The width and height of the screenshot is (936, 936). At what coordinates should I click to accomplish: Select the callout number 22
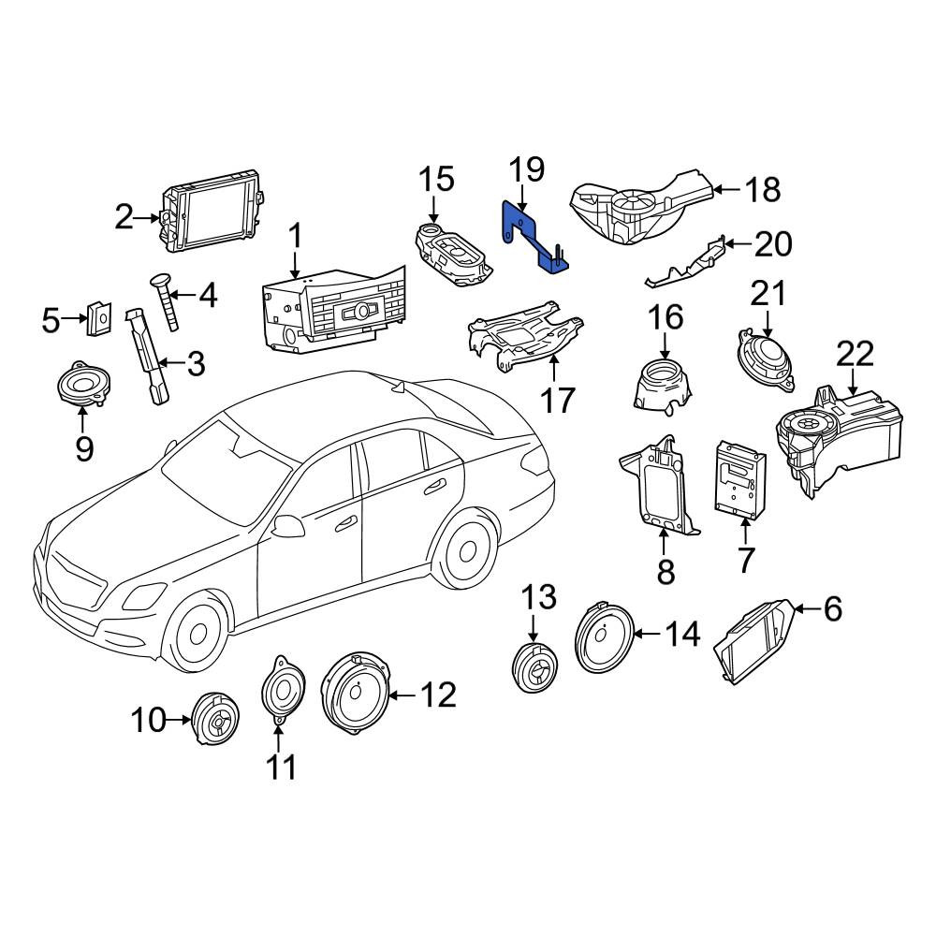coord(855,354)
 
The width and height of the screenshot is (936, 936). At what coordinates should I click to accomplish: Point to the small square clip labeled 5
coord(99,318)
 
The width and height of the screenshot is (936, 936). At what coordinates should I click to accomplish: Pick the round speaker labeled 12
coord(356,695)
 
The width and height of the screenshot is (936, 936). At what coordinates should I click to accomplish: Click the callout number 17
coord(558,400)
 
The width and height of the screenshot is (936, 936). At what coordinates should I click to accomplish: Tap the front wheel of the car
coord(196,632)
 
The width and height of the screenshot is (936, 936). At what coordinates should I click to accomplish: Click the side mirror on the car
coord(286,526)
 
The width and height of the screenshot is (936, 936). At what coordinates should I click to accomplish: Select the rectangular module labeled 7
coord(740,477)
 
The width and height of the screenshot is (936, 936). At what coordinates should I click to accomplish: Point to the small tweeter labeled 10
coord(214,719)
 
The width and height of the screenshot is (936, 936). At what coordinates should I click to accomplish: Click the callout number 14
coord(682,634)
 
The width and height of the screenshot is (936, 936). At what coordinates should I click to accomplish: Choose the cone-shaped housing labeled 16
coord(663,385)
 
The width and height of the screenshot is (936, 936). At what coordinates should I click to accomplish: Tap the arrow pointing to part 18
coord(726,190)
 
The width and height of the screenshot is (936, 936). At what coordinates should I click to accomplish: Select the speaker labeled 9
coord(84,385)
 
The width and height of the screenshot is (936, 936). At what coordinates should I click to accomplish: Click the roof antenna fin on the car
coord(396,388)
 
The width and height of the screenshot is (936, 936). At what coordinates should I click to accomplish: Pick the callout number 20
coord(773,244)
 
